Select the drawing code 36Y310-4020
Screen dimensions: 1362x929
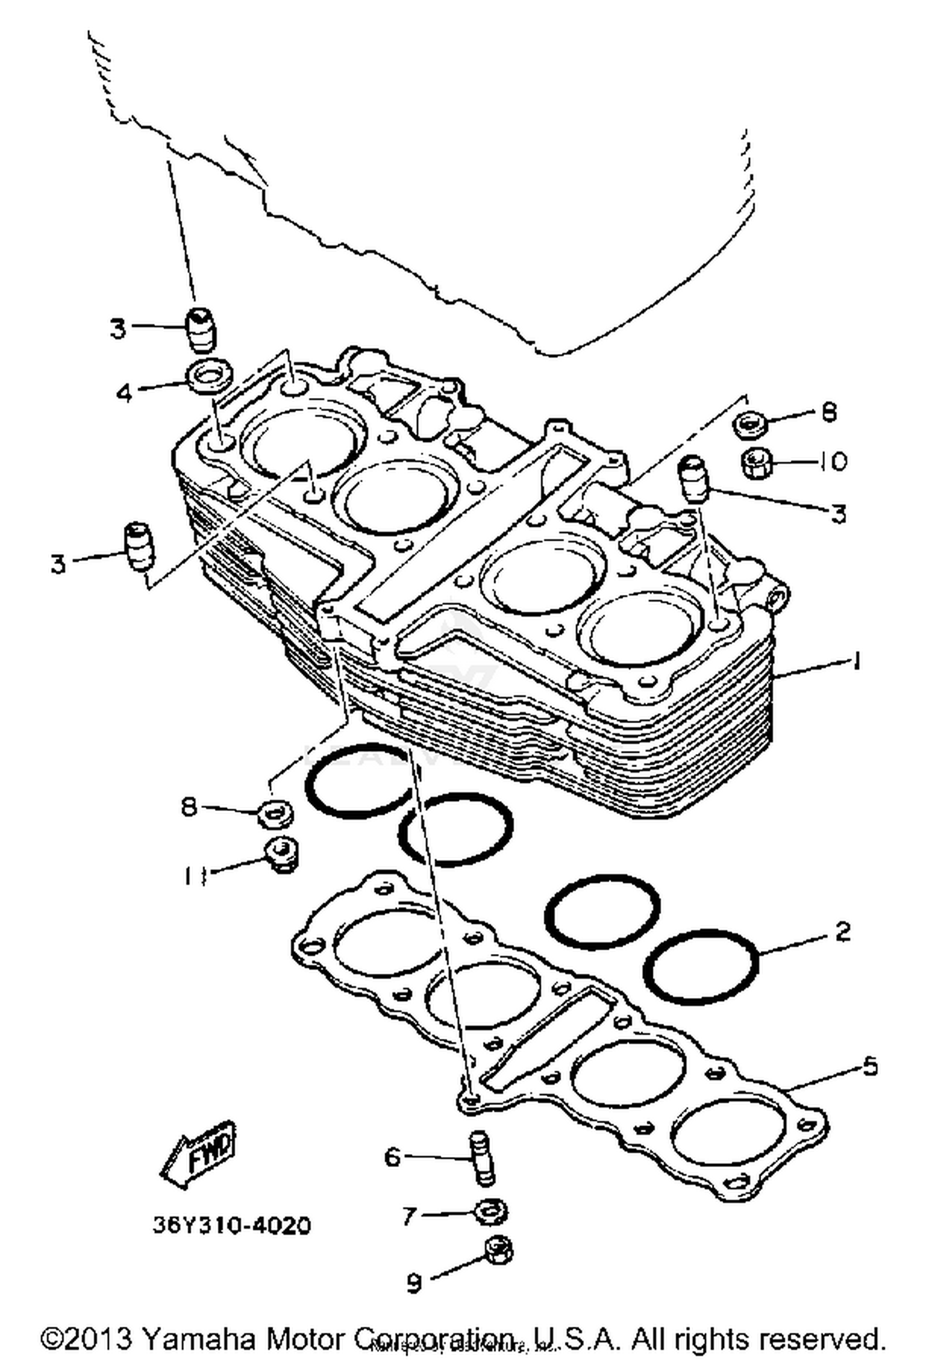click(232, 1225)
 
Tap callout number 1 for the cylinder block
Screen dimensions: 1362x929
click(857, 662)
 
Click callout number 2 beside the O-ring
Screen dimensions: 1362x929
click(843, 932)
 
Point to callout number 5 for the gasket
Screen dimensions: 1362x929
click(870, 1066)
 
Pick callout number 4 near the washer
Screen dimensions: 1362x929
click(125, 393)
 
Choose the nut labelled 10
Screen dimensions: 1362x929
click(756, 463)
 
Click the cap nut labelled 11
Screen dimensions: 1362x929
click(283, 854)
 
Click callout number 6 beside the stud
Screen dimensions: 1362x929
click(393, 1156)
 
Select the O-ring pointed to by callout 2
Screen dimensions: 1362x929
click(702, 966)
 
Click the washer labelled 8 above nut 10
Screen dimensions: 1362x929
click(751, 425)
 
